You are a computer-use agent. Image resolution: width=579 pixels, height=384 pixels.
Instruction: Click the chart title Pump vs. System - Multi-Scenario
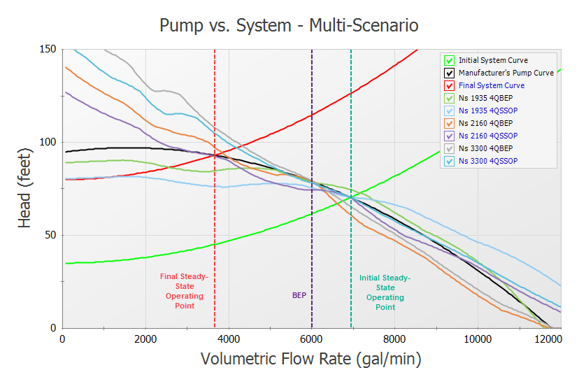coord(289,26)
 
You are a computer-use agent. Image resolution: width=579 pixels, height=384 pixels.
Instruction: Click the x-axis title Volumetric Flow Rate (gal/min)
coord(310,360)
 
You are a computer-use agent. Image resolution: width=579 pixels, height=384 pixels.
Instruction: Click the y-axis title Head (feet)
coord(26,188)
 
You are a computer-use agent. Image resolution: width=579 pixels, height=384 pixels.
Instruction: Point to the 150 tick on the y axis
coord(49,49)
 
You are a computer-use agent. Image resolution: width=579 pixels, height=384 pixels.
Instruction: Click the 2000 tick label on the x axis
coord(145,339)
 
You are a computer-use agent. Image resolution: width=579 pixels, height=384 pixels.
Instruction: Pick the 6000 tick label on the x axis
coord(311,339)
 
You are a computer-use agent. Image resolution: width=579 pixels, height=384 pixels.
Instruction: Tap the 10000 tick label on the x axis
coord(477,339)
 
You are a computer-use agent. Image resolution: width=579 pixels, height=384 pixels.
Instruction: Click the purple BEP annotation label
coord(299,295)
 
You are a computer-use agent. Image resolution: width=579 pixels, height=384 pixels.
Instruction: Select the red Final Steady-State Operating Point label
coord(185,291)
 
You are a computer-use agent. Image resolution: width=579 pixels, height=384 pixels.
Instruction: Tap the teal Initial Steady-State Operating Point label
coord(385,292)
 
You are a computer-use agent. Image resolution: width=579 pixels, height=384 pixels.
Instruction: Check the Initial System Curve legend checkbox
coord(450,60)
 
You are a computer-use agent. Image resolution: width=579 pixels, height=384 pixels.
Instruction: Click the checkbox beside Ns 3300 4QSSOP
coord(450,161)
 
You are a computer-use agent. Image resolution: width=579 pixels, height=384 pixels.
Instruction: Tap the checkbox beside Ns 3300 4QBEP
coord(450,148)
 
